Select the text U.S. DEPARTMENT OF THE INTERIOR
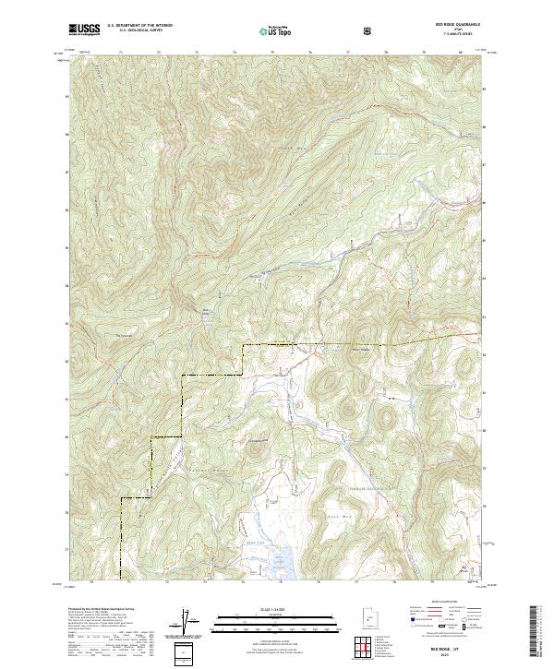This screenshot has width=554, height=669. point(139,26)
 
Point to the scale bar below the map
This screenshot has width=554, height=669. point(276,622)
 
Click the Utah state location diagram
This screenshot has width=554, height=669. point(368,617)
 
